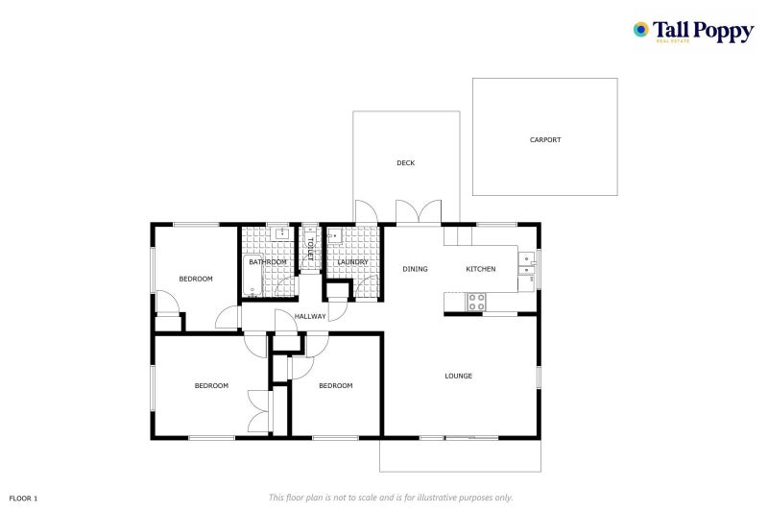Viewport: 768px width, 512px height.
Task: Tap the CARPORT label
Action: pyautogui.click(x=545, y=140)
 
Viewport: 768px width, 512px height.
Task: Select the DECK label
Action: pyautogui.click(x=406, y=163)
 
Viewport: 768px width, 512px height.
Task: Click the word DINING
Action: pyautogui.click(x=415, y=269)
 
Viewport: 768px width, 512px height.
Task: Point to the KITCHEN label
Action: pyautogui.click(x=481, y=269)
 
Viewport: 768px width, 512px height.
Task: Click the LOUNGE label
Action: pyautogui.click(x=458, y=376)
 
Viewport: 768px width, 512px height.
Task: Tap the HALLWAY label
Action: pyautogui.click(x=311, y=316)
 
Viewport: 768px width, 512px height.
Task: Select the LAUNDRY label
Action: pyautogui.click(x=353, y=262)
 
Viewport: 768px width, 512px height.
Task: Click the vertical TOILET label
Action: pyautogui.click(x=310, y=249)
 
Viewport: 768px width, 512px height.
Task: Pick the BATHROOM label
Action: pyautogui.click(x=268, y=262)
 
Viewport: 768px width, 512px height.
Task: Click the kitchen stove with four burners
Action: pyautogui.click(x=476, y=302)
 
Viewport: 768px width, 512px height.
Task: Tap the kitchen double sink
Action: pyautogui.click(x=527, y=264)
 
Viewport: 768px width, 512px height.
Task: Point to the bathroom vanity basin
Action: pyautogui.click(x=281, y=233)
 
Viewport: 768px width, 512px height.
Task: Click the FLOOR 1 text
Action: pyautogui.click(x=23, y=499)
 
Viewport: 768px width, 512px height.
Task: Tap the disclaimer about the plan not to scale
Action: pyautogui.click(x=391, y=498)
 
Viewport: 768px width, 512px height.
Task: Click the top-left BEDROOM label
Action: pyautogui.click(x=196, y=279)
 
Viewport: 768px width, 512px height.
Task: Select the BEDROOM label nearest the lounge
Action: pyautogui.click(x=336, y=386)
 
